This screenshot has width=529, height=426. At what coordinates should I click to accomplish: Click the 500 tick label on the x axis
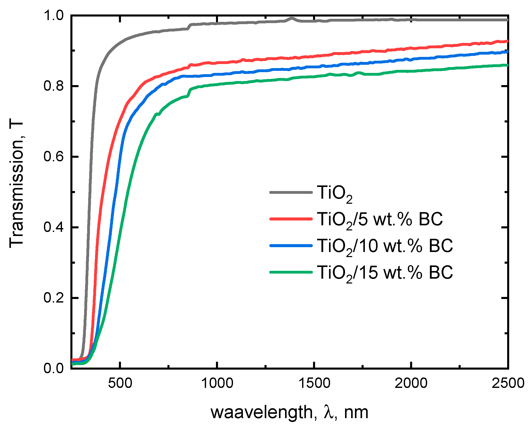tap(120, 383)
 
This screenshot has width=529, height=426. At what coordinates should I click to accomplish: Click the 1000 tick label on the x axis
tap(217, 383)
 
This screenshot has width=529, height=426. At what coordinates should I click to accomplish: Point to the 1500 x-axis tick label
tap(314, 383)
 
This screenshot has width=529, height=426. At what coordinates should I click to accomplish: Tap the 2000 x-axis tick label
tap(411, 383)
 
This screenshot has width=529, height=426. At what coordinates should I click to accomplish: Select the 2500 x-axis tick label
tap(508, 383)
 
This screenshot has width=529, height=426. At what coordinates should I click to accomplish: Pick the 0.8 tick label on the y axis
tap(54, 86)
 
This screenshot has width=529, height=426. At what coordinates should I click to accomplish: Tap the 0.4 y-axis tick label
tap(54, 227)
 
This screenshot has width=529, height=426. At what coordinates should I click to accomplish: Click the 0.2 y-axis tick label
tap(54, 297)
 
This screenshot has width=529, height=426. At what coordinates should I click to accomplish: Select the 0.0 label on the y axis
tap(54, 368)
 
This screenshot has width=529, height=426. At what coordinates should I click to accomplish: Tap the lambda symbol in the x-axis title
tap(329, 412)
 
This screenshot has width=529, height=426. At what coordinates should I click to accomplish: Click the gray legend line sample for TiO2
tap(291, 192)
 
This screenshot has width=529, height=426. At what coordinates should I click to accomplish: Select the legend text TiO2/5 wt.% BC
tap(380, 219)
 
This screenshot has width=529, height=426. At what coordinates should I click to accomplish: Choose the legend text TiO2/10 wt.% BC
tap(385, 246)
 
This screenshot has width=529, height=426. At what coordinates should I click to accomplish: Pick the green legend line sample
tap(291, 272)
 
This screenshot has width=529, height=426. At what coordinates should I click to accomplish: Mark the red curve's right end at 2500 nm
tap(507, 41)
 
